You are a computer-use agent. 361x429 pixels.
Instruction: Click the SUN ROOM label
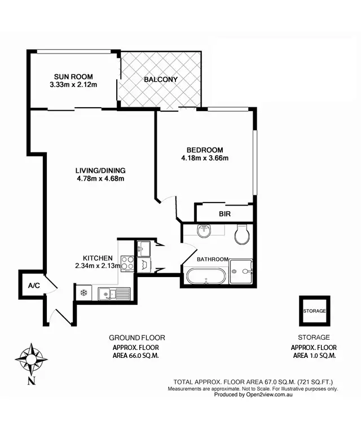73,77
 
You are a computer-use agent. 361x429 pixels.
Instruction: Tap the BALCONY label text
160,80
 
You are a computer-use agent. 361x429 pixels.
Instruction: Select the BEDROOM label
204,150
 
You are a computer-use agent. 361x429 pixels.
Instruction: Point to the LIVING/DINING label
100,170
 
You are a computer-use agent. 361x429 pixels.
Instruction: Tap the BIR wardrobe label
224,214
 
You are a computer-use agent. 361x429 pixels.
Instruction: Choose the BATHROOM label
212,259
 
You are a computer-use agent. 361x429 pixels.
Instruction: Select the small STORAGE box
314,310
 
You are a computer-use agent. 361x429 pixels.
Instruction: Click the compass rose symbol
31,358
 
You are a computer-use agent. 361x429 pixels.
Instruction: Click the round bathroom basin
204,231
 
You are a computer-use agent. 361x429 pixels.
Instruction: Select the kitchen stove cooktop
127,262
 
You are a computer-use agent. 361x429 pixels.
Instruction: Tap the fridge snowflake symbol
84,293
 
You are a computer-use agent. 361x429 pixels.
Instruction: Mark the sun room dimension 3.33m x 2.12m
73,85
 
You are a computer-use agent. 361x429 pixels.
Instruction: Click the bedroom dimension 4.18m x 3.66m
204,158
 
